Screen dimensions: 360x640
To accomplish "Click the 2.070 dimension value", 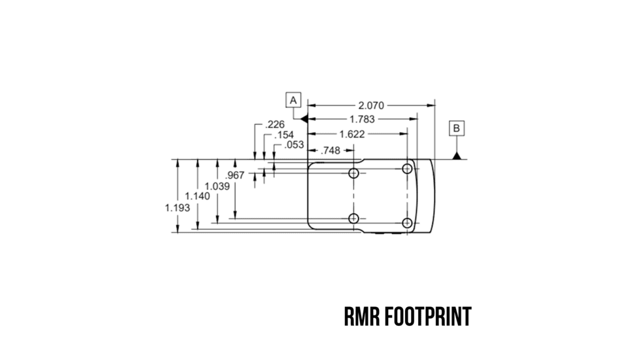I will point(370,105).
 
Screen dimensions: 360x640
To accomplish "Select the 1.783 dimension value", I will point(362,119).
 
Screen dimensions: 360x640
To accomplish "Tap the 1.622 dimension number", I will point(351,134).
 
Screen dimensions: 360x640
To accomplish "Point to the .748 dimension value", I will point(331,151).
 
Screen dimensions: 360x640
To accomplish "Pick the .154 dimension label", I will point(283,135).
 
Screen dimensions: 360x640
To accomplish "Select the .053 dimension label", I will point(294,145).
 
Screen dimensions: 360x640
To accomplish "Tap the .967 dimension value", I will point(234,175).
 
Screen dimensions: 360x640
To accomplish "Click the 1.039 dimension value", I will point(217,187).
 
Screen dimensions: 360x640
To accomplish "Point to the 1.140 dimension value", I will point(198,196).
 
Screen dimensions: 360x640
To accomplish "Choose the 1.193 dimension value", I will point(177,207).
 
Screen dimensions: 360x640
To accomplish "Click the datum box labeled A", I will point(293,100).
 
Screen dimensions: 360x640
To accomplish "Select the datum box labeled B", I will point(456,128).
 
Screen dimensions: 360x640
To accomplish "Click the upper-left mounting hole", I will point(354,173).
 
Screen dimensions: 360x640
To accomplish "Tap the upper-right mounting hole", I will point(408,169).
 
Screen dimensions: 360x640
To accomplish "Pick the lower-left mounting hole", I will point(354,218).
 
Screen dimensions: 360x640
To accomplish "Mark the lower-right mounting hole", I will point(408,223).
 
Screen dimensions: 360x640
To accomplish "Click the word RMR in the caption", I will point(362,317).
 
